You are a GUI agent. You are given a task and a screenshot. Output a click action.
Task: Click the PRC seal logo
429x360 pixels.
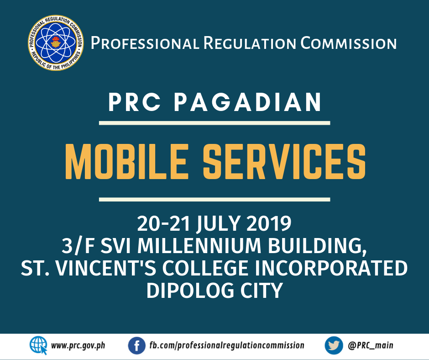[x=56, y=43]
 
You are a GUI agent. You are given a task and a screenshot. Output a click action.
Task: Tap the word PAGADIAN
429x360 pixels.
[x=248, y=102]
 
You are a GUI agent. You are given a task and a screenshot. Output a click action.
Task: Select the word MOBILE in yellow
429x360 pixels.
[x=127, y=162]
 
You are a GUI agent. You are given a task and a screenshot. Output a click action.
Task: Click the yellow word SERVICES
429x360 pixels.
[x=284, y=162]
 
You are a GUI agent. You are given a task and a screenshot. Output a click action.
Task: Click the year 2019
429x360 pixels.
[x=269, y=223]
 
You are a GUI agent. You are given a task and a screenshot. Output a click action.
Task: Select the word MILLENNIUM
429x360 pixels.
[x=199, y=246]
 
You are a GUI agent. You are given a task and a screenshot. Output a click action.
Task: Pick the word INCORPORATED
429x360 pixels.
[x=331, y=268]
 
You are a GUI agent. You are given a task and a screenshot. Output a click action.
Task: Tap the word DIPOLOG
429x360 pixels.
[x=190, y=290]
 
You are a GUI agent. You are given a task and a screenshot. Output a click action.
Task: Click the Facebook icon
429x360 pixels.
[x=136, y=345]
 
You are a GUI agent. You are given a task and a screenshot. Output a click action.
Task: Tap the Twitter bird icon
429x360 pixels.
[x=334, y=345]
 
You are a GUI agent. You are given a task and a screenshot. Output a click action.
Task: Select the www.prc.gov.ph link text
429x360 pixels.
[x=78, y=346]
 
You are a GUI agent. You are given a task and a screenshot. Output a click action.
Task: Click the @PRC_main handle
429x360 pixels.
[x=371, y=345]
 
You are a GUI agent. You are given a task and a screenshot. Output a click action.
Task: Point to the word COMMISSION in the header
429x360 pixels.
[x=349, y=43]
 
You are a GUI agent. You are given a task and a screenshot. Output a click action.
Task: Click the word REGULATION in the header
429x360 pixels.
[x=250, y=43]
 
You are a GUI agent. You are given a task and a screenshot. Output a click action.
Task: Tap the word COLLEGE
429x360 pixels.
[x=205, y=268]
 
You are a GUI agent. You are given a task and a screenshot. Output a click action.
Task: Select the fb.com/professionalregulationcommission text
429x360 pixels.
[x=227, y=346]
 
